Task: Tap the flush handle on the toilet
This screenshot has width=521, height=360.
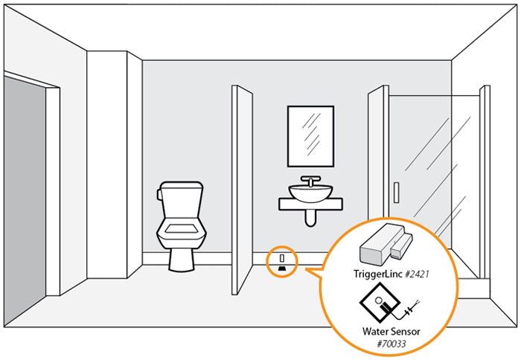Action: click(x=159, y=195)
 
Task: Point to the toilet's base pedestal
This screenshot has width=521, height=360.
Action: click(x=180, y=257)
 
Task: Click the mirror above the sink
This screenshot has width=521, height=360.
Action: click(x=310, y=136)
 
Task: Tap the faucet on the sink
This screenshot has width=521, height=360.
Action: click(x=310, y=181)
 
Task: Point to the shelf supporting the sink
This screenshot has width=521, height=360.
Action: click(x=310, y=204)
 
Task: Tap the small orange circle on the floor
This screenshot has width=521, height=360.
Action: click(x=283, y=261)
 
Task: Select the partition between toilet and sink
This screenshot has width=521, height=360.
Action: click(x=243, y=190)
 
